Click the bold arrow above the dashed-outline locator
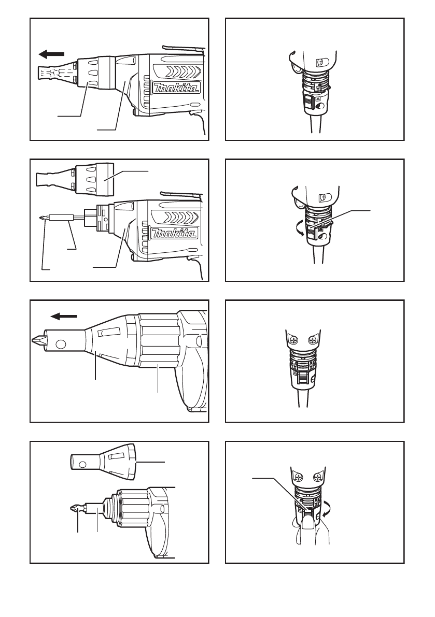tap(51, 54)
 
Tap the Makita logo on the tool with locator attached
tap(176, 88)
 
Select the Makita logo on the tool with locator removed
tap(174, 233)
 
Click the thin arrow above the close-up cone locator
tap(64, 315)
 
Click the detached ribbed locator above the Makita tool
tap(75, 180)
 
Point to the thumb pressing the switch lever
tap(309, 527)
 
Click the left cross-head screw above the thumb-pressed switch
tap(299, 478)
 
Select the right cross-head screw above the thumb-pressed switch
tap(318, 478)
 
